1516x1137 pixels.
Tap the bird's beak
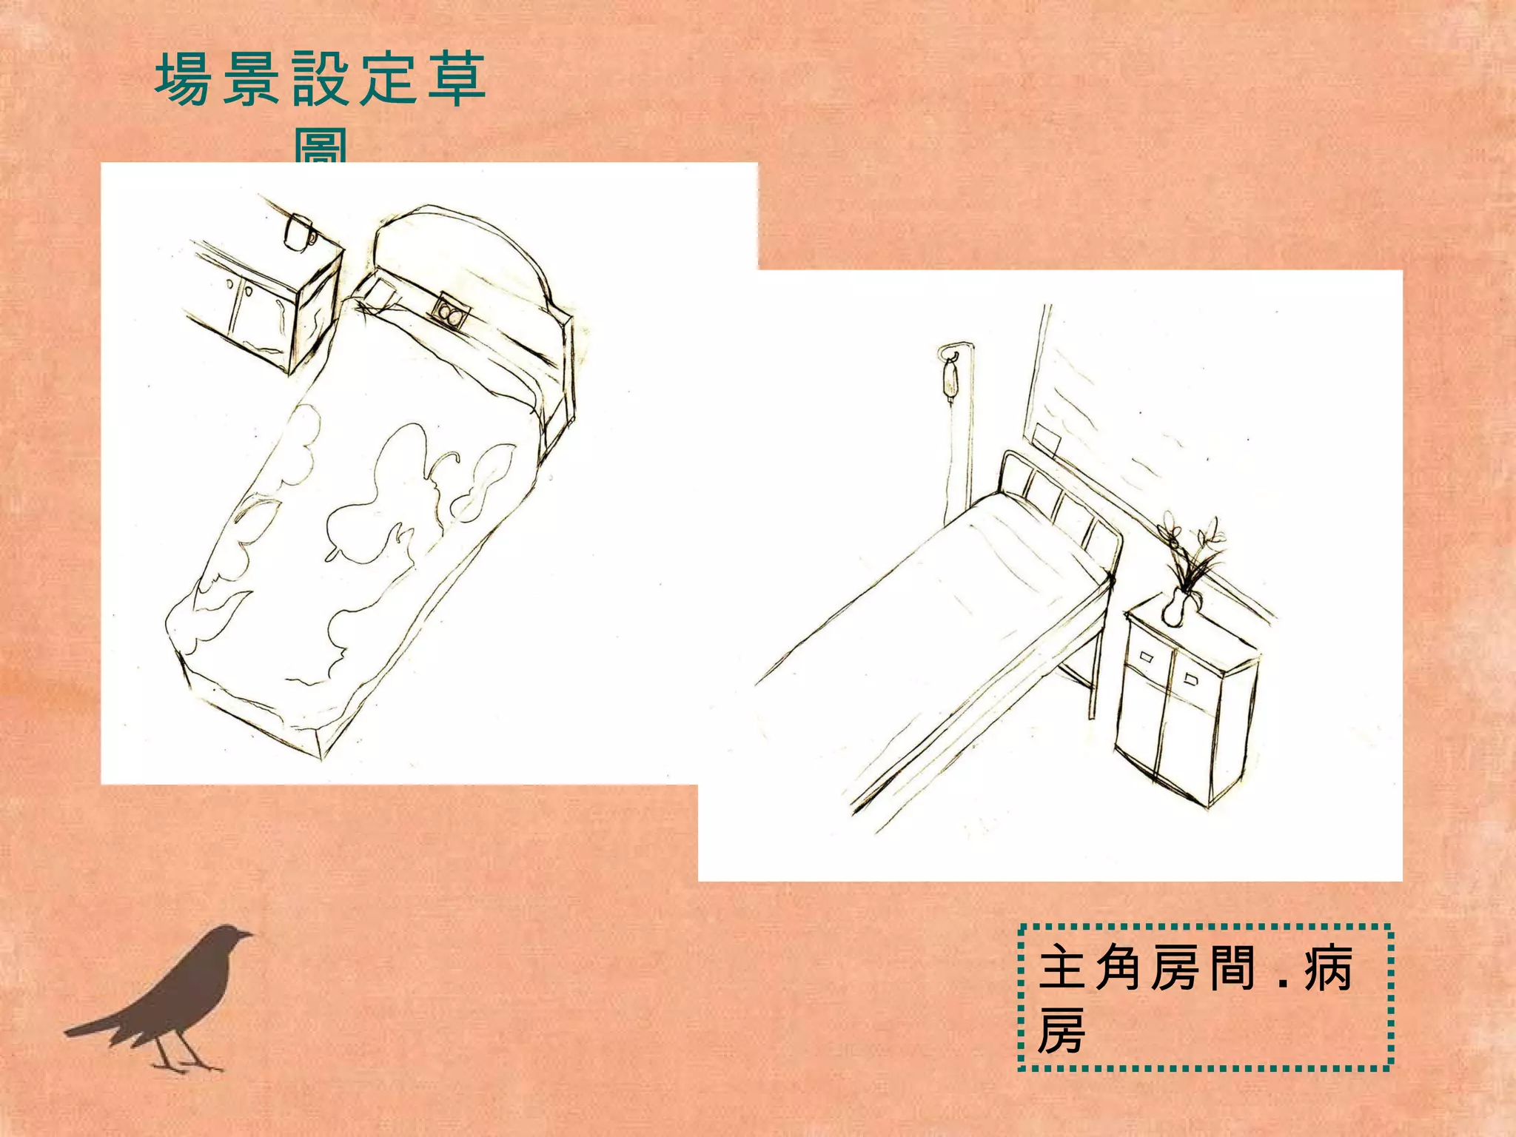(248, 935)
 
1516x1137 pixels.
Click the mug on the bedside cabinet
(299, 231)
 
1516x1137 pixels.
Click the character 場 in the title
(181, 80)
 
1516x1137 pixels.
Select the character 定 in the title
(389, 80)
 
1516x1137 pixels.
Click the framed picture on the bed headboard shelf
(449, 310)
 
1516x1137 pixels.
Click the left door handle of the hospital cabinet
(1147, 656)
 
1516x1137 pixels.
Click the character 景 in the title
(251, 80)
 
